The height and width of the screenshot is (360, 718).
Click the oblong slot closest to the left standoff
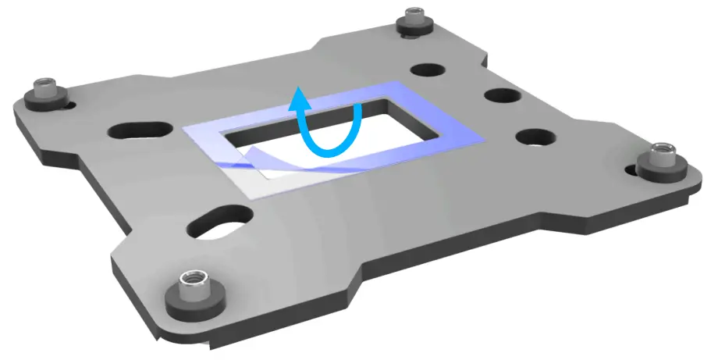(141, 129)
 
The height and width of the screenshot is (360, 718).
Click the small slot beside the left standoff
(70, 102)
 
